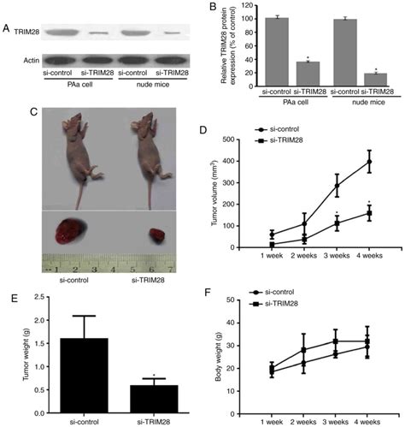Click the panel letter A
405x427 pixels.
[x=7, y=29]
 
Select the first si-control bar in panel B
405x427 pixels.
[x=276, y=53]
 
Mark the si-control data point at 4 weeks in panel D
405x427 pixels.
[x=369, y=162]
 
